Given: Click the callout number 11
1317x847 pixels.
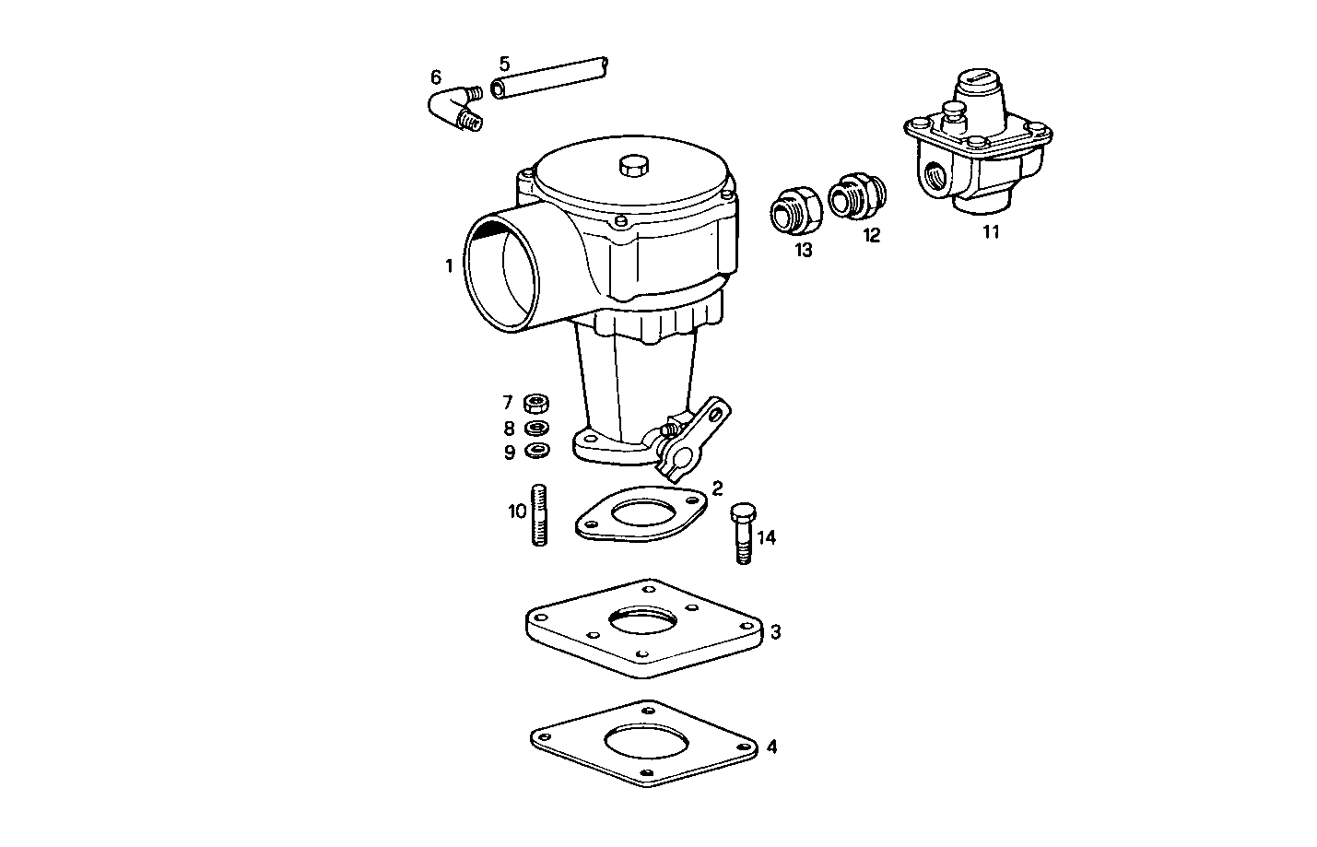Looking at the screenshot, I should coord(990,232).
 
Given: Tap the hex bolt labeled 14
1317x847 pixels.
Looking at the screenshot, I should coord(743,534).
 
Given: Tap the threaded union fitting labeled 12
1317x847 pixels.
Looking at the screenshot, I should coord(857,195).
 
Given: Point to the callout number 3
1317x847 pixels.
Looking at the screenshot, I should coord(776,632).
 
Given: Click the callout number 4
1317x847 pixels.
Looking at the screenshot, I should coord(771,747).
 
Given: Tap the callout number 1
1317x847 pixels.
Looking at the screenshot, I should coord(449,266).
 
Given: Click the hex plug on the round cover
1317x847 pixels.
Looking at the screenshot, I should coord(633,165).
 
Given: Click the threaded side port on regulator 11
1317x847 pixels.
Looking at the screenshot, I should coord(938,175).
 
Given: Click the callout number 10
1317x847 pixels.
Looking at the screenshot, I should coord(516,510).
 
